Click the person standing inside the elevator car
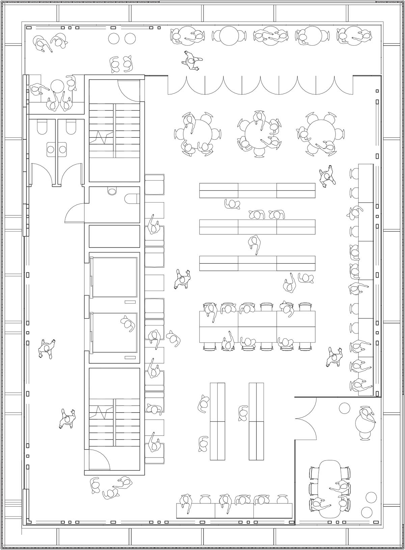(x=128, y=324)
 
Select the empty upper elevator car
(x=114, y=277)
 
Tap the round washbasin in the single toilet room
(x=112, y=191)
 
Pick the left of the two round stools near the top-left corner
(x=114, y=38)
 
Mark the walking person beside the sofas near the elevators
(x=182, y=279)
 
